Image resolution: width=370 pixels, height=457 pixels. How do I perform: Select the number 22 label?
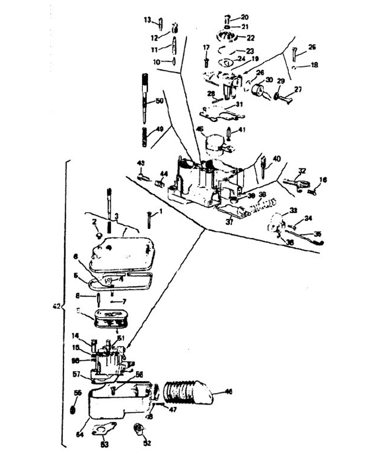tap(250, 37)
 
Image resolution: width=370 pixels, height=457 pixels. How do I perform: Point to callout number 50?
tap(159, 102)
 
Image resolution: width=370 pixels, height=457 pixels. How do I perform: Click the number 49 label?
tap(159, 128)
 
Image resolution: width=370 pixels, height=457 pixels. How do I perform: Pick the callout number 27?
tap(298, 89)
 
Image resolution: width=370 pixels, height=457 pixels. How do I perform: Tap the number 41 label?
tap(242, 129)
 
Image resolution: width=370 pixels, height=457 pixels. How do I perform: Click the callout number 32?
tap(302, 171)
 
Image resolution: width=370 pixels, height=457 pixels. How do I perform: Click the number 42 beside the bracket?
tap(57, 306)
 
